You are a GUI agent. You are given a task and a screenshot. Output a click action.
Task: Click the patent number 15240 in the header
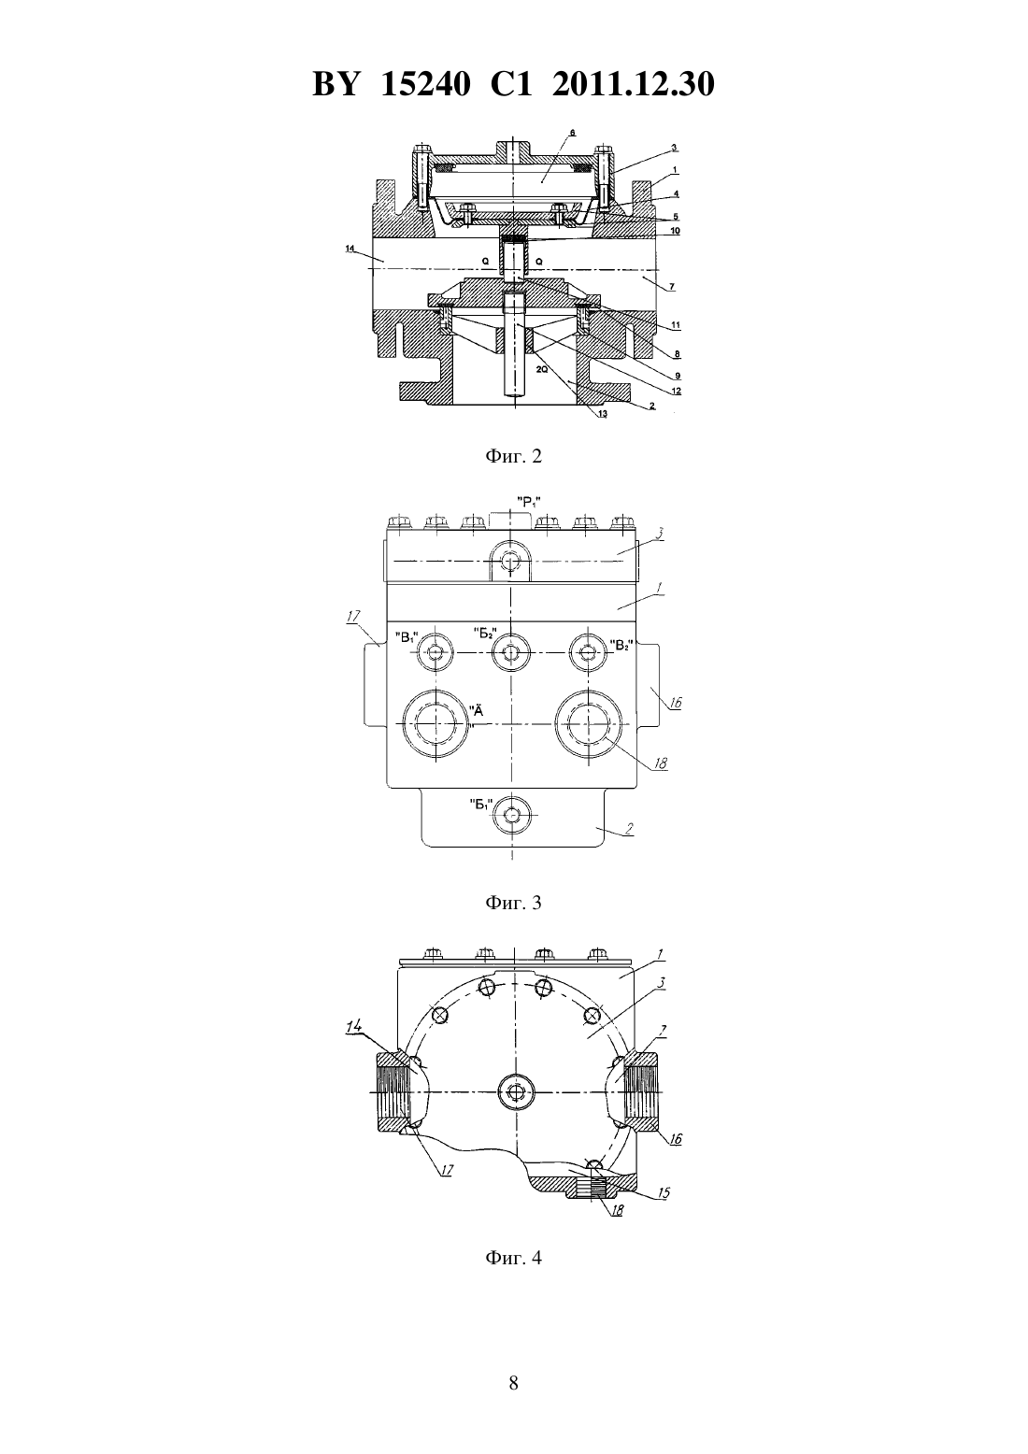(x=425, y=84)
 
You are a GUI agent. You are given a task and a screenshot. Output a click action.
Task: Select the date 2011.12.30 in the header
(x=634, y=84)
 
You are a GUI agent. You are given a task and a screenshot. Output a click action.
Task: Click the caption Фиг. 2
(x=513, y=456)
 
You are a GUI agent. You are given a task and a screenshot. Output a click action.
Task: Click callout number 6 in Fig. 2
(x=572, y=133)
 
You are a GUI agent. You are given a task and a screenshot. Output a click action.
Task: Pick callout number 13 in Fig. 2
(x=603, y=414)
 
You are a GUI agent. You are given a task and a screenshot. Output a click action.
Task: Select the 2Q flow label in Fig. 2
(x=542, y=369)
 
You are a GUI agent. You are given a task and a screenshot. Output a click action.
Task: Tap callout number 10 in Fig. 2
(x=676, y=231)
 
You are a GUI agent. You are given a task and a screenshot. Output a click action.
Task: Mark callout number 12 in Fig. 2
(x=677, y=392)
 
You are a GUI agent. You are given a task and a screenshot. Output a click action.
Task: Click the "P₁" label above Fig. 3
(x=529, y=501)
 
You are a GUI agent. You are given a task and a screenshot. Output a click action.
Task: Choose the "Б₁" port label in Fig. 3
(x=481, y=805)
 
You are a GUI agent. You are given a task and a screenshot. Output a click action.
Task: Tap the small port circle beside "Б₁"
(x=511, y=815)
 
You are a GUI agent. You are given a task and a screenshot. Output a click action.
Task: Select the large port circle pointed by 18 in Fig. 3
(x=588, y=724)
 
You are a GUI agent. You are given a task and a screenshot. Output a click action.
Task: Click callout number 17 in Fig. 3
(x=353, y=617)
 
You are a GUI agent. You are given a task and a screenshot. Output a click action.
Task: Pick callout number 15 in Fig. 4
(x=664, y=1193)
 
